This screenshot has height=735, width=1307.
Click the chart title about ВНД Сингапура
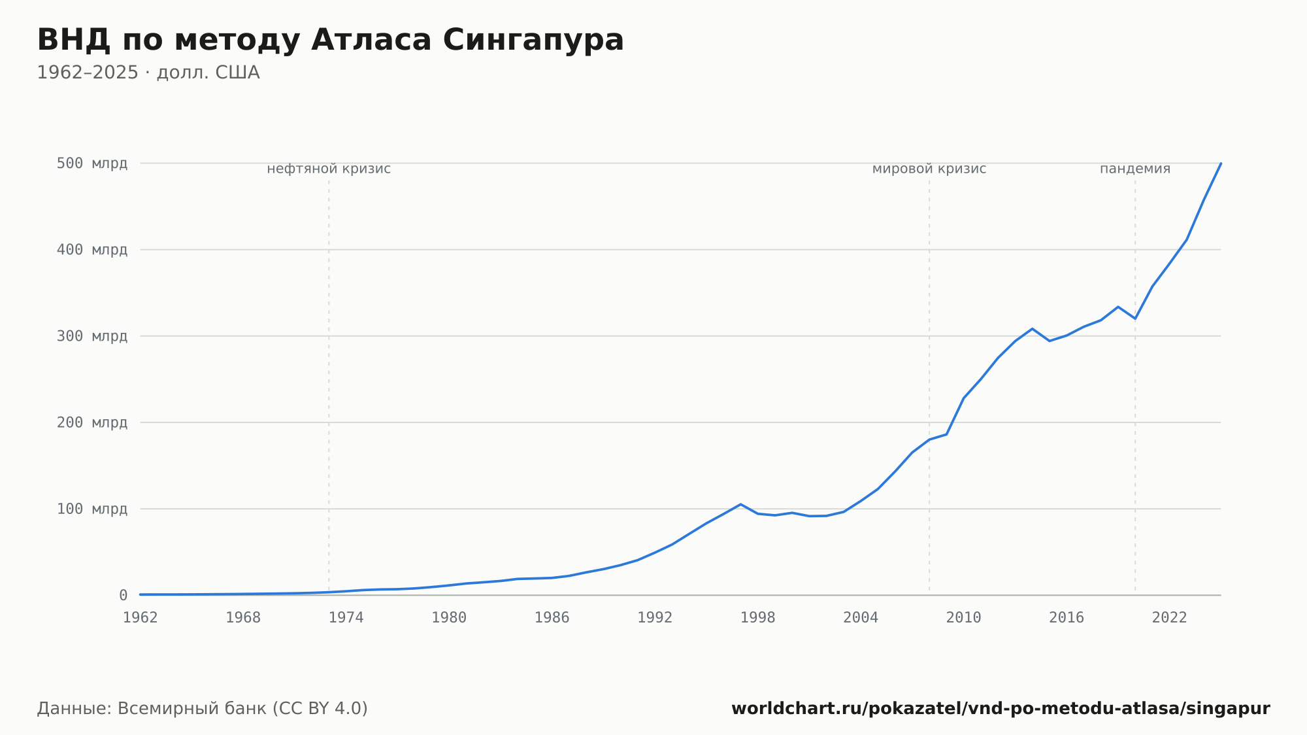coord(330,41)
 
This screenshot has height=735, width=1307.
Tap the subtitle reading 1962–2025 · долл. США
coord(148,73)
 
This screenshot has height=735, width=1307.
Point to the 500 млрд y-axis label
coord(92,163)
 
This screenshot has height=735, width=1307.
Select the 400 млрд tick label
coord(92,250)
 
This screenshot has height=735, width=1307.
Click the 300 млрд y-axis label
coord(92,336)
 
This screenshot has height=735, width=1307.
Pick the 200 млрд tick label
coord(92,422)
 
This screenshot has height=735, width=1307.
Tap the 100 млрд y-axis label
coord(92,509)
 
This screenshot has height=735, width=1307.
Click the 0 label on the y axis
coord(123,596)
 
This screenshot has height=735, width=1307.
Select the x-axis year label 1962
coord(141,618)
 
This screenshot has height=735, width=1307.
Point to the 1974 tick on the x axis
coord(346,618)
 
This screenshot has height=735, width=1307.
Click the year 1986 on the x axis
coord(552,618)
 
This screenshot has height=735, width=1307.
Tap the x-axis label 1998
coord(758,618)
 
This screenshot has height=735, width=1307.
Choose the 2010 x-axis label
coord(964,618)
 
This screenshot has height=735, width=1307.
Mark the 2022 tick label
coord(1170,618)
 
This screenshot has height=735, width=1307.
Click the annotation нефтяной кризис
coord(329,169)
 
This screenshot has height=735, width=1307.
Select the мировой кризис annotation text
coord(929,169)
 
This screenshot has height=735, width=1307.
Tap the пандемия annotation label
coord(1135,169)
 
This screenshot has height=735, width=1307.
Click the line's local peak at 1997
coord(740,504)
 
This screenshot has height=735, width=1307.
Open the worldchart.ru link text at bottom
coord(1001,709)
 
